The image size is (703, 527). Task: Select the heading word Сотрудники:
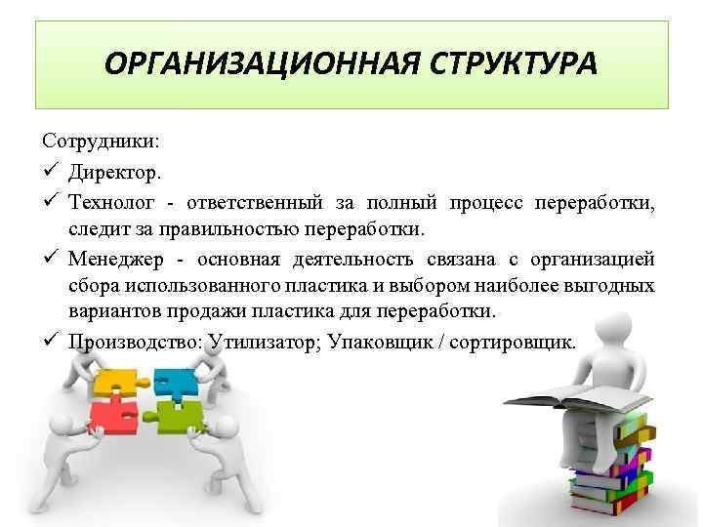pyautogui.click(x=103, y=142)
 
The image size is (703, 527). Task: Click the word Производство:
pyautogui.click(x=130, y=343)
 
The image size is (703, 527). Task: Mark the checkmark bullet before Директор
pyautogui.click(x=52, y=172)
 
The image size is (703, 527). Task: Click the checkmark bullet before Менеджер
pyautogui.click(x=52, y=259)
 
